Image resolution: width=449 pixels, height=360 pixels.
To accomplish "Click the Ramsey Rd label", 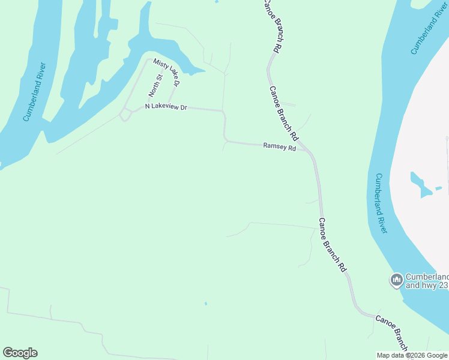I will click(280, 147).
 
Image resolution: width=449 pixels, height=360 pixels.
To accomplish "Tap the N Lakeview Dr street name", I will click(166, 107).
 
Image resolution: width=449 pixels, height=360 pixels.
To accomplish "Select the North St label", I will click(155, 86).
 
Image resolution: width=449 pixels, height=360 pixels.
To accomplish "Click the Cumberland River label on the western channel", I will click(35, 91).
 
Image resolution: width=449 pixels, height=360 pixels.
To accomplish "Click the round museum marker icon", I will click(396, 280).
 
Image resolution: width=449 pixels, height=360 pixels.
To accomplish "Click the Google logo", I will click(20, 353).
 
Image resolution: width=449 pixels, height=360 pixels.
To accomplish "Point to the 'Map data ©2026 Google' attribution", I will click(412, 355).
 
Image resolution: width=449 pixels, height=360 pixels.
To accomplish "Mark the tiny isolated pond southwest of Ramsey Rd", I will click(205, 304).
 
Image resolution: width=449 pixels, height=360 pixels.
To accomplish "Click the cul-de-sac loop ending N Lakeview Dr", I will click(125, 115).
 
